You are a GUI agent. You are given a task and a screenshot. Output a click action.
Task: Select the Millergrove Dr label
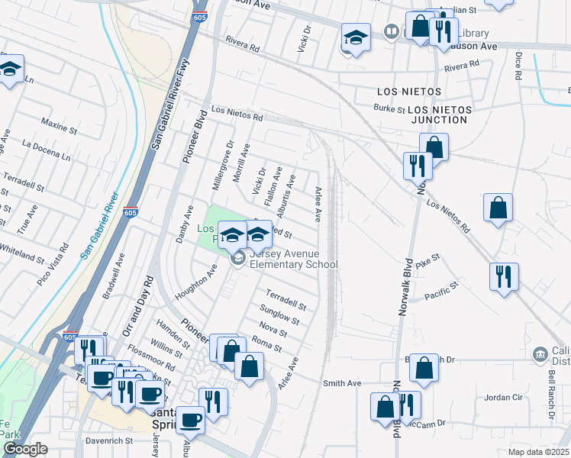(223, 165)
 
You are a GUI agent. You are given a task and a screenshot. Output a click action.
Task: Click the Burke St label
(389, 109)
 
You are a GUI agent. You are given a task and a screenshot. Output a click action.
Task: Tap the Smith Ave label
(341, 383)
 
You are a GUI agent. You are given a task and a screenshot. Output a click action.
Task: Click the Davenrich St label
(108, 440)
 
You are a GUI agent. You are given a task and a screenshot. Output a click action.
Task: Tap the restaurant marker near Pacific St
(504, 276)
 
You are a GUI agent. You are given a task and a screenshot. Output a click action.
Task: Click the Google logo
(24, 449)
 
